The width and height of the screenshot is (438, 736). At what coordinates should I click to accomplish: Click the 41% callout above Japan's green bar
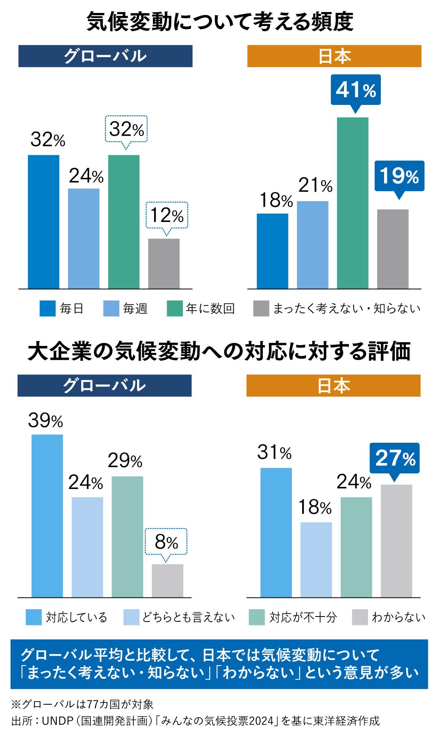pos(356,90)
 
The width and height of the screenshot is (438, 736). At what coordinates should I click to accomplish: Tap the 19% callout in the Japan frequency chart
pos(399,176)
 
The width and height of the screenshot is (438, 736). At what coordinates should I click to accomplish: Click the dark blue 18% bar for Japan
pos(273,251)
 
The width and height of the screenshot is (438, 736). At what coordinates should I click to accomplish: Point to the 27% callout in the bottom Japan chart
pos(395,459)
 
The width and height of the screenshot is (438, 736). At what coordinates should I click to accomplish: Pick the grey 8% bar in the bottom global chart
pos(167,580)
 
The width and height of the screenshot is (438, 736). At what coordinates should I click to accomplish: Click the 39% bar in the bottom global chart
pos(47,516)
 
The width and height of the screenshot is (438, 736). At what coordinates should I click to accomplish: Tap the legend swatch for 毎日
pos(47,309)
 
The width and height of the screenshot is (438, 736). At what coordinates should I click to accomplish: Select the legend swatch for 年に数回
pos(174,309)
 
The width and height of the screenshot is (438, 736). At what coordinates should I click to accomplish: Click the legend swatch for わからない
pos(360,617)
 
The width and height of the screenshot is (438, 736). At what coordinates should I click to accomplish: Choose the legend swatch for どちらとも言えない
pos(131,617)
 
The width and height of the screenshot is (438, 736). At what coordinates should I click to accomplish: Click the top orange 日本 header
pos(334,56)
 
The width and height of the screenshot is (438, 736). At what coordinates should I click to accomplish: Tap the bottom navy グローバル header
pos(105,386)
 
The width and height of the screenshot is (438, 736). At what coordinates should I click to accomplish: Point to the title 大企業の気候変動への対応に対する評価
pos(219,351)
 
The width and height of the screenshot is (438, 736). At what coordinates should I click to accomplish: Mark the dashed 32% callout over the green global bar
pos(126,129)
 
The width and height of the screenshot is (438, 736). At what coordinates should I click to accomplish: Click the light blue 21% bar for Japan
pos(313,245)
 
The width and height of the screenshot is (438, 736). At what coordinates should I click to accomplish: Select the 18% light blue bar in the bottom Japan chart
pos(316,560)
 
